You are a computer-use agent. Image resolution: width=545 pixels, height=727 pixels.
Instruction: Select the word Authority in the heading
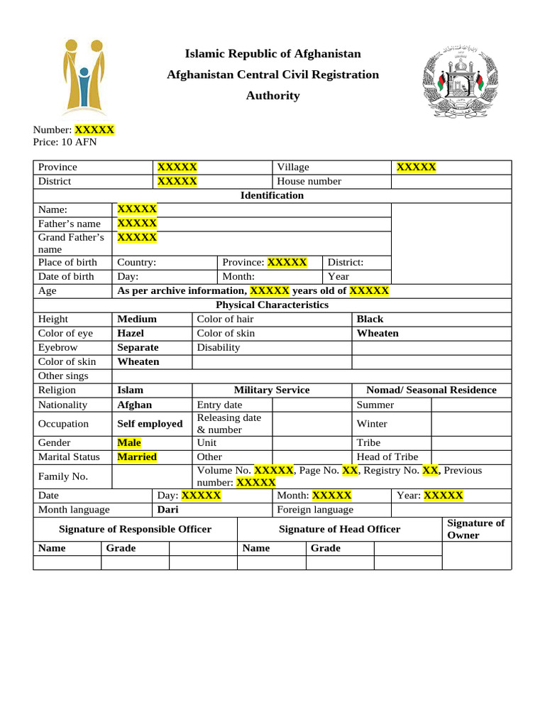tap(272, 96)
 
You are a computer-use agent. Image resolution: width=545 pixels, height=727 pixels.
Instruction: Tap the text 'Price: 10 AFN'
tap(65, 142)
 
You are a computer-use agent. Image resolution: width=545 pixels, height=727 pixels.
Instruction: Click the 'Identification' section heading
tap(272, 195)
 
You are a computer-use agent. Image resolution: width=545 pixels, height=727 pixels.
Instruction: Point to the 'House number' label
tap(309, 181)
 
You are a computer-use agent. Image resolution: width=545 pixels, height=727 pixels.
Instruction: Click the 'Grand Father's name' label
tap(71, 243)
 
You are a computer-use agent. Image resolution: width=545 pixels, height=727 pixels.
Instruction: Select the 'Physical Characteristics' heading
tap(272, 305)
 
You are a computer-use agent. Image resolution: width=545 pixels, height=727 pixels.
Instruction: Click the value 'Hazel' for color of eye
tap(131, 333)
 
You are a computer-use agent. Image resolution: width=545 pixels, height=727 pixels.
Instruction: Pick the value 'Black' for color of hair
tap(370, 319)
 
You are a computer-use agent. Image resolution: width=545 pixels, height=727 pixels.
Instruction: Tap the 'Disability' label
tap(219, 347)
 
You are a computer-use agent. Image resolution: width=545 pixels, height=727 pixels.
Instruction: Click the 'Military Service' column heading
tap(272, 390)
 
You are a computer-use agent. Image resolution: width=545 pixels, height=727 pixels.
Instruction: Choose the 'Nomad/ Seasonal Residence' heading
tap(431, 390)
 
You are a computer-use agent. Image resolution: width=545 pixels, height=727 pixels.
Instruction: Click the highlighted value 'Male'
tap(129, 442)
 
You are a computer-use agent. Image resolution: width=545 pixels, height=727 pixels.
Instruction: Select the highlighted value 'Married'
tap(137, 457)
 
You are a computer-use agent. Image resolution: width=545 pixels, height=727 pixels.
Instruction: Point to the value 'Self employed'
tap(150, 423)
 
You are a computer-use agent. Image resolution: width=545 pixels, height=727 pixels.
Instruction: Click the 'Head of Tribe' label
tap(387, 457)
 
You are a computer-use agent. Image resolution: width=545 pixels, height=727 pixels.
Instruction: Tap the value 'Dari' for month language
tap(167, 509)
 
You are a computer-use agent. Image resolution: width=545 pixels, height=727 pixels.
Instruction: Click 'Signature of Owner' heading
tap(475, 529)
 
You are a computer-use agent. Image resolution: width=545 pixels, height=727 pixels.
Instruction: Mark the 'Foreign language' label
tap(315, 509)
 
